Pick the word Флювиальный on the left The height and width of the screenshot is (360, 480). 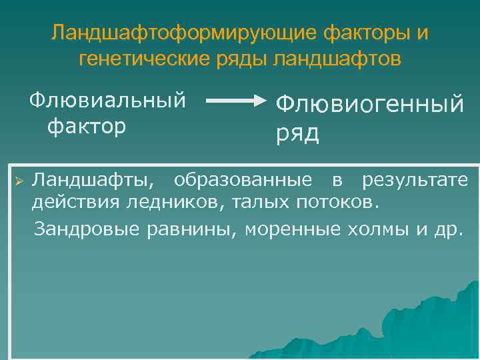point(107,101)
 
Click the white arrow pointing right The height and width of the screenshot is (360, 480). point(236,101)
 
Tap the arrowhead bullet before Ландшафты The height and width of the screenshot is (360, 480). point(19,180)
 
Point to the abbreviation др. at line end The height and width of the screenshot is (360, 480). point(446,230)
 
